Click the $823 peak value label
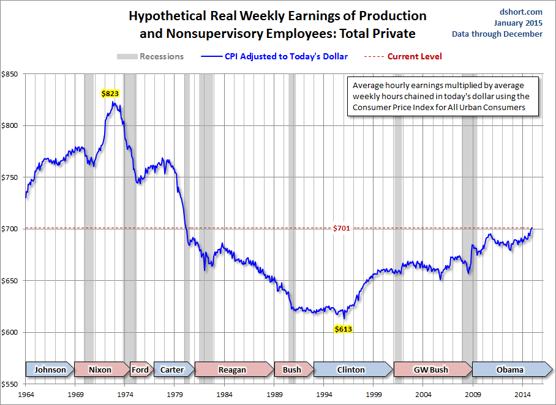(110, 94)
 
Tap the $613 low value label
(344, 329)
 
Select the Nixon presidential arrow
(100, 370)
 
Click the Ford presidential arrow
(140, 370)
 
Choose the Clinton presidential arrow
(351, 370)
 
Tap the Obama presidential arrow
(509, 370)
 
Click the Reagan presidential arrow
(232, 370)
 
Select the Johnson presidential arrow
(50, 370)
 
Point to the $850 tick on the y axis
(10, 74)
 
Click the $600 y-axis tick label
(10, 332)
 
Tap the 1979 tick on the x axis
(177, 396)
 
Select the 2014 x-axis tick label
(522, 396)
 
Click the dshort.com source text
(521, 11)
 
